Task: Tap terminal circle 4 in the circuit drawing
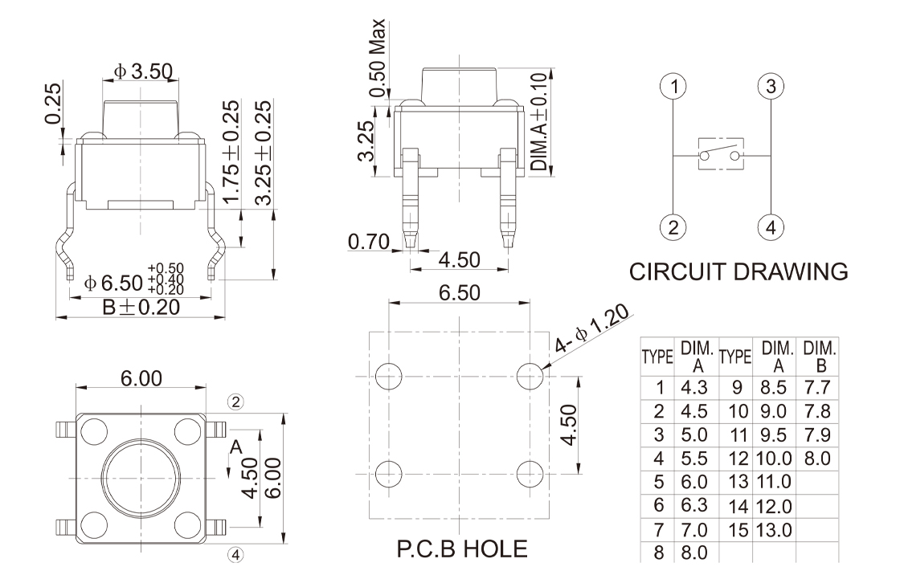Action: point(771,226)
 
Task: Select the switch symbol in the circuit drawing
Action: point(722,155)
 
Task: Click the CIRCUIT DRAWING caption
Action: point(738,271)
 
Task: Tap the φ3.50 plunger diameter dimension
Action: point(143,71)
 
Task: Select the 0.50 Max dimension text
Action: point(378,55)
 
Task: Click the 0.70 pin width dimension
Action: point(370,240)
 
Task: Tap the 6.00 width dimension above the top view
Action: point(141,378)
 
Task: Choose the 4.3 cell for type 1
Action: point(693,388)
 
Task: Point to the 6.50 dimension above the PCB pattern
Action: point(459,293)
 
